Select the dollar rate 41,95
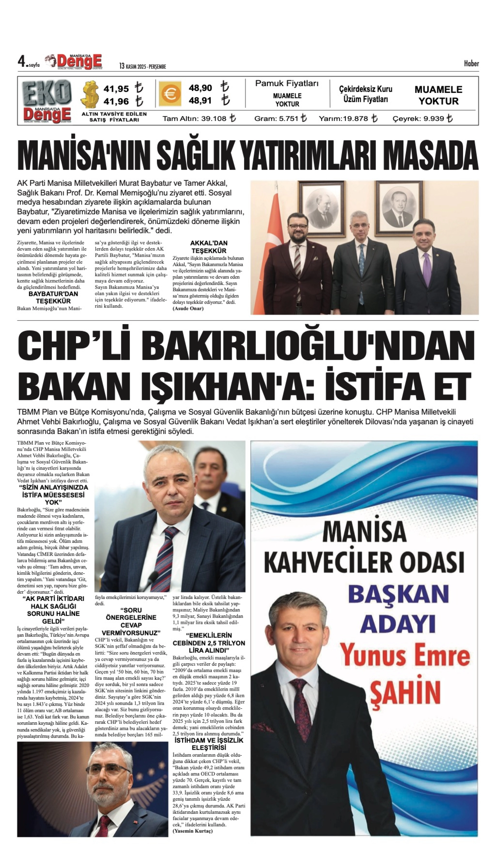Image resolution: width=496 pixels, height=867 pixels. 116,89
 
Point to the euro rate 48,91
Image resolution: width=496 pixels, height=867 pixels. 200,101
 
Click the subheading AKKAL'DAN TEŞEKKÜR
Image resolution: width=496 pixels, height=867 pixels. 209,247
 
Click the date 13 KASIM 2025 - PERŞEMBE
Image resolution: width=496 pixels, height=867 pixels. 142,66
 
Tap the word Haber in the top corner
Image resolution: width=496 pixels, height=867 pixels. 471,63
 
